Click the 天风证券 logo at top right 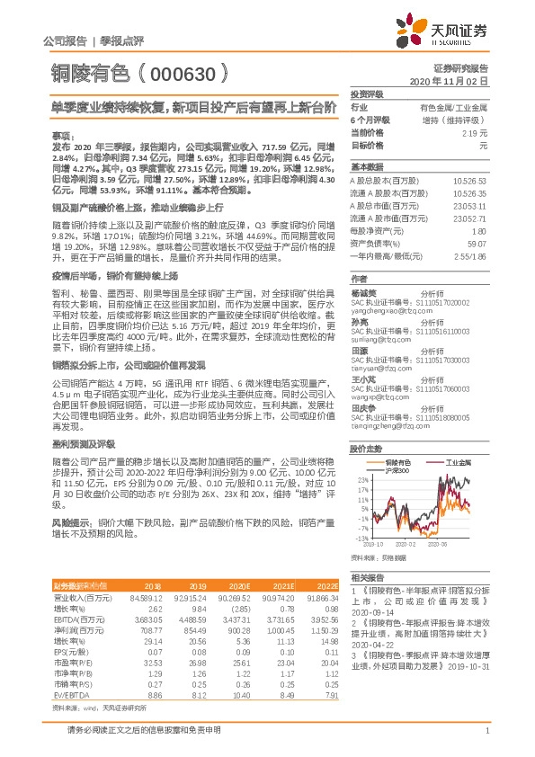pos(453,31)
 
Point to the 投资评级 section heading pos(367,94)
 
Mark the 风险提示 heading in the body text pos(71,521)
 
